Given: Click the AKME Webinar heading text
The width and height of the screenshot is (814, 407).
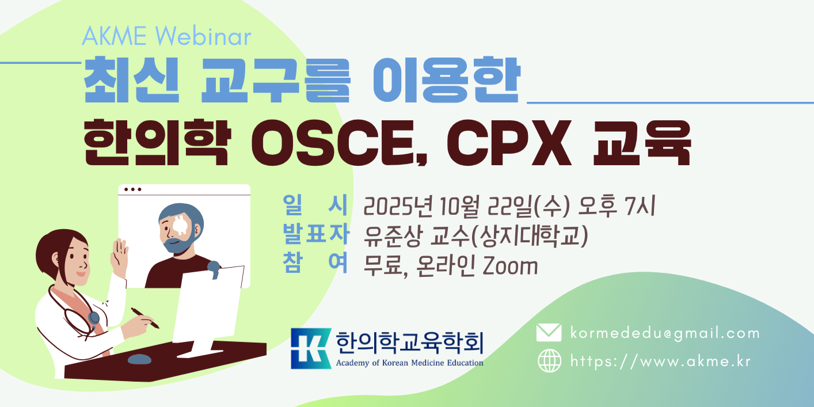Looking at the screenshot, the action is point(166,36).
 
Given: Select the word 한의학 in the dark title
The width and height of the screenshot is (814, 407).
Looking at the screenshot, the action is point(157,142).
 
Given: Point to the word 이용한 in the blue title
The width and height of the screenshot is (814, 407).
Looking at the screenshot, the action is point(447,80).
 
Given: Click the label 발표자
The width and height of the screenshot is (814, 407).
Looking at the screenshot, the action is point(316,234).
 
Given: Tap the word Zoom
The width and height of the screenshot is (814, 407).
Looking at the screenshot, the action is point(510,266).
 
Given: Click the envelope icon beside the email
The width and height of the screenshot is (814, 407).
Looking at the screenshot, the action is point(549,333).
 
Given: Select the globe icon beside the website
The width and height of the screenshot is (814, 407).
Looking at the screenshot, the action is point(549,360).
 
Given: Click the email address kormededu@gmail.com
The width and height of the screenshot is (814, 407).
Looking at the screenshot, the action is point(665,333).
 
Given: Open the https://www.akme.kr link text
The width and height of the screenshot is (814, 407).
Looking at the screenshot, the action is point(660,361).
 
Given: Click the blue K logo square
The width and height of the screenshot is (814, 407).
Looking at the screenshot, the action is point(311,348).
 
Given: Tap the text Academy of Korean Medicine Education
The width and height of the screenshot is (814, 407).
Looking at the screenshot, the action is point(409,363).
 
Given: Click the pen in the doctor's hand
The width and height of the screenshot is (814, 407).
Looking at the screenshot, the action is point(145,318).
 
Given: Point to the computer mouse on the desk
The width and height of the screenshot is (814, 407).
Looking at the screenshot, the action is point(139,359).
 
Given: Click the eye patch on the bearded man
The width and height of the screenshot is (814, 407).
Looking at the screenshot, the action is point(180,225).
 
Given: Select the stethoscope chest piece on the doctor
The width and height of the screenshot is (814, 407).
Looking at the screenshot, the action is point(94,318).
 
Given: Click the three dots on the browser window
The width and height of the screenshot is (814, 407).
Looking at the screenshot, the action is point(132,189).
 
